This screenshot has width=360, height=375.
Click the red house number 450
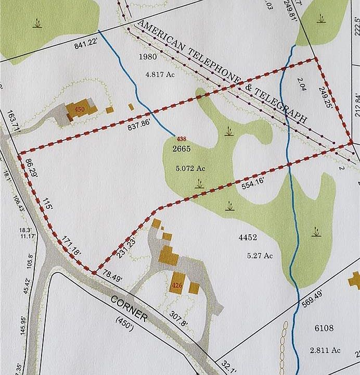pos(79,109)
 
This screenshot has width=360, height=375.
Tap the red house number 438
pos(182,139)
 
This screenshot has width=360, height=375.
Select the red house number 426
pos(176,285)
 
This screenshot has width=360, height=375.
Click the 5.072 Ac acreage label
pos(190,168)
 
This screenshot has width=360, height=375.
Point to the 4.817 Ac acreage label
pos(161,74)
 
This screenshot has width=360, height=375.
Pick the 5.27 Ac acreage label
pos(260,255)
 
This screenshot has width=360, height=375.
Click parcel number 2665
pos(182,149)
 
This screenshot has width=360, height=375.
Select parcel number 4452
pos(248,238)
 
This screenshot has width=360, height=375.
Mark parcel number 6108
pos(324,328)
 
